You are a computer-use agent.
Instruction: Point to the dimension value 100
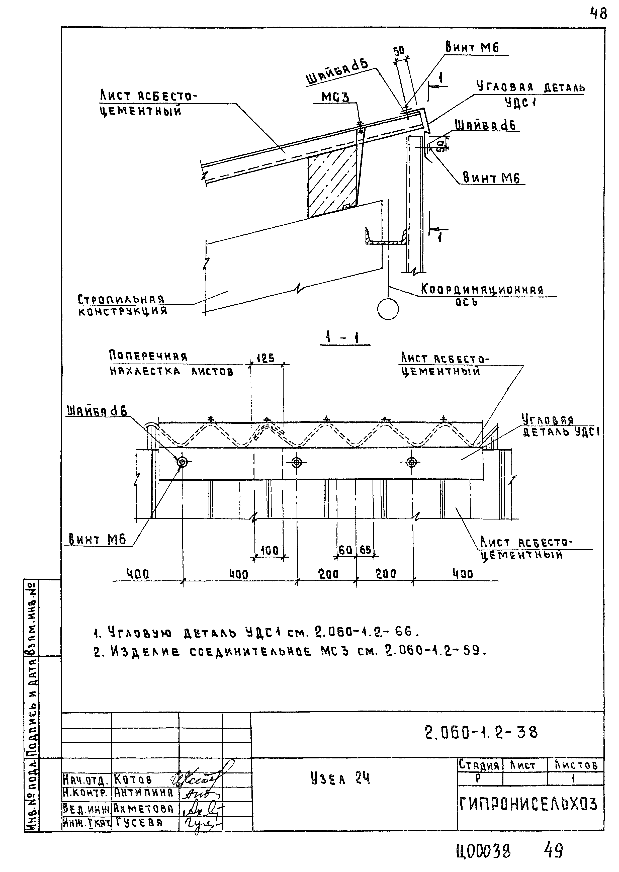click(x=270, y=550)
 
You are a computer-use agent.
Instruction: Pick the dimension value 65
click(x=365, y=550)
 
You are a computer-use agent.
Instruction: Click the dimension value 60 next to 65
click(x=345, y=550)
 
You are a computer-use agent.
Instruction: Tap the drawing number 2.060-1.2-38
click(x=481, y=732)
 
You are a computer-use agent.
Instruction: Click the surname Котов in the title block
click(x=133, y=779)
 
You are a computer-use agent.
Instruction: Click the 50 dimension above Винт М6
click(x=399, y=51)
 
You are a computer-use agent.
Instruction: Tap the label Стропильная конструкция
click(x=122, y=305)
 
